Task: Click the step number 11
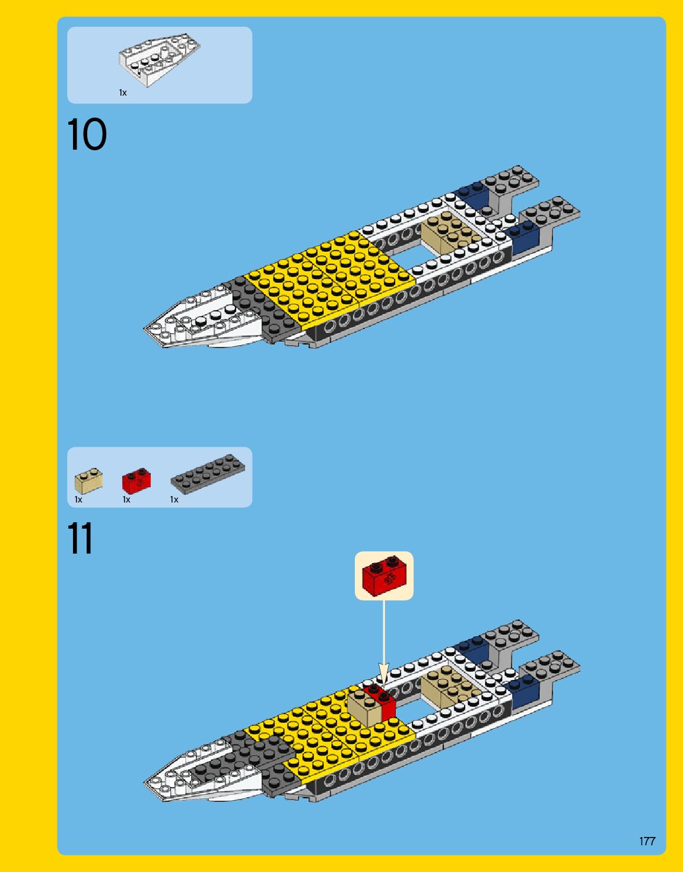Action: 81,539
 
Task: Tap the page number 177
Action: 647,841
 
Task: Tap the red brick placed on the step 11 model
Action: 382,701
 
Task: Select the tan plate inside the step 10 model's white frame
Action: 450,233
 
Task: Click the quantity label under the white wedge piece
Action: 123,93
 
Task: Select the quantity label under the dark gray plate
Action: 174,500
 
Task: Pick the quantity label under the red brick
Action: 126,500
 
